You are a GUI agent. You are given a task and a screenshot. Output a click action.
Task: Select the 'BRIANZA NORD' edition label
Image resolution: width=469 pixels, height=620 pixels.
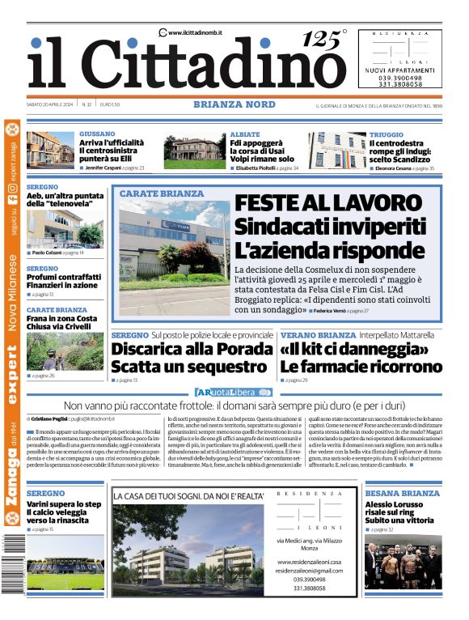(234, 104)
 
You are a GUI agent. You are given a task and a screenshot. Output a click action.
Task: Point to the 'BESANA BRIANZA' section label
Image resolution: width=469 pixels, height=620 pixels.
(402, 493)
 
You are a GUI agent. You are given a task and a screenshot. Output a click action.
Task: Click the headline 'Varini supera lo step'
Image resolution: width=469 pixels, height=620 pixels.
(65, 504)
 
